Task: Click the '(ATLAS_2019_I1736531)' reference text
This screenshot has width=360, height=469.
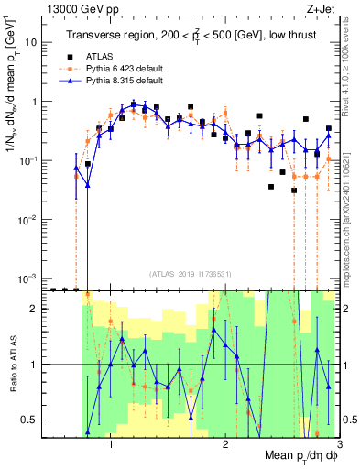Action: pyautogui.click(x=189, y=273)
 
